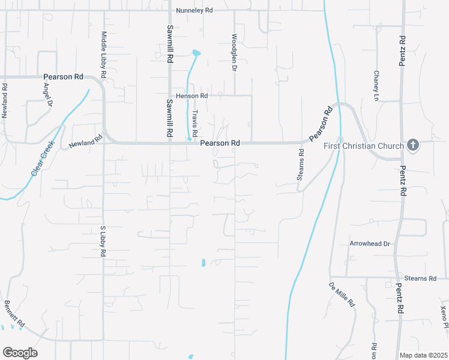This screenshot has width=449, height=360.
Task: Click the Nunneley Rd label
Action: (x=194, y=10)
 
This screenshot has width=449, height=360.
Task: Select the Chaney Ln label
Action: (x=376, y=85)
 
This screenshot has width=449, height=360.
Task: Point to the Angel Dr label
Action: (x=48, y=94)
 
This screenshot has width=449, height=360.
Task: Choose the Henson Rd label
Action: (x=191, y=96)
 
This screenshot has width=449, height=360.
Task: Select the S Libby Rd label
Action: (x=103, y=242)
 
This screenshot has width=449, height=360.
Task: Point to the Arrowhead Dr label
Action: (x=370, y=244)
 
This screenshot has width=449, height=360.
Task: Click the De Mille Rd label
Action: (x=342, y=294)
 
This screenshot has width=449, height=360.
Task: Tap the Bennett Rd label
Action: (x=14, y=314)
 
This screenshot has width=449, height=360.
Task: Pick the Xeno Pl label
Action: (x=443, y=317)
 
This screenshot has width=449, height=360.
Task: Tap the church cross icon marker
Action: (x=412, y=145)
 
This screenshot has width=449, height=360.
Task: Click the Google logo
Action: (x=20, y=353)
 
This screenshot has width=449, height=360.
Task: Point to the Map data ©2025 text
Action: (x=423, y=355)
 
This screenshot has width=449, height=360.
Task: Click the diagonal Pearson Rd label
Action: (x=321, y=125)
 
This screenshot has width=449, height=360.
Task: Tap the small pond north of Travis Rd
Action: (x=196, y=53)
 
